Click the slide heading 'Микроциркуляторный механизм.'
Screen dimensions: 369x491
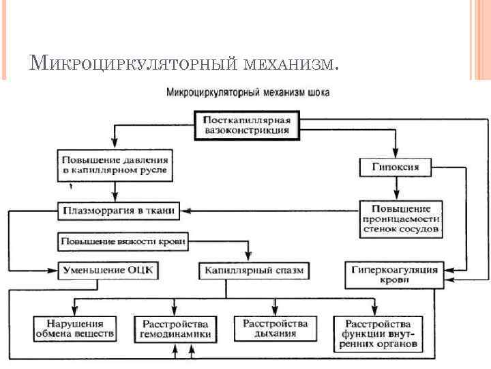tap(183, 64)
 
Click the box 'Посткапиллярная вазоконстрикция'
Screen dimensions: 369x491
tap(247, 124)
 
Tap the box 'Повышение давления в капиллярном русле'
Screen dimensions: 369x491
tap(114, 164)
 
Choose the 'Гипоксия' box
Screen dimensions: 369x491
tap(395, 167)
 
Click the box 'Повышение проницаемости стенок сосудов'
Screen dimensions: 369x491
tap(402, 219)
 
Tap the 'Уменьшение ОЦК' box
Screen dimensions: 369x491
tap(108, 270)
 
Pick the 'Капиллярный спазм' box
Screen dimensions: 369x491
tap(254, 271)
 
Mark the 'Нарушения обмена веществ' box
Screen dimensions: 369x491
tap(75, 329)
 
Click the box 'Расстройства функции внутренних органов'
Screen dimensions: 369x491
tap(378, 334)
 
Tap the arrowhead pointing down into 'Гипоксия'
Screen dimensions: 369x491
tap(395, 154)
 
